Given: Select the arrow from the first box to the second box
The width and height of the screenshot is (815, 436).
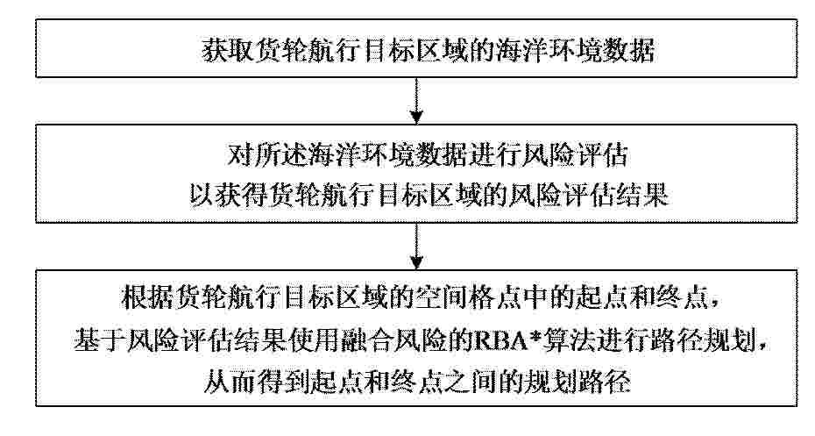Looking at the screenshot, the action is [x=416, y=101].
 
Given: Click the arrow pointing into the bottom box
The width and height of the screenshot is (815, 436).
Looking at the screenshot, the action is [x=416, y=247].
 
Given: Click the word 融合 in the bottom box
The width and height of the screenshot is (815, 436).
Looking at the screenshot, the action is [x=369, y=342].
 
